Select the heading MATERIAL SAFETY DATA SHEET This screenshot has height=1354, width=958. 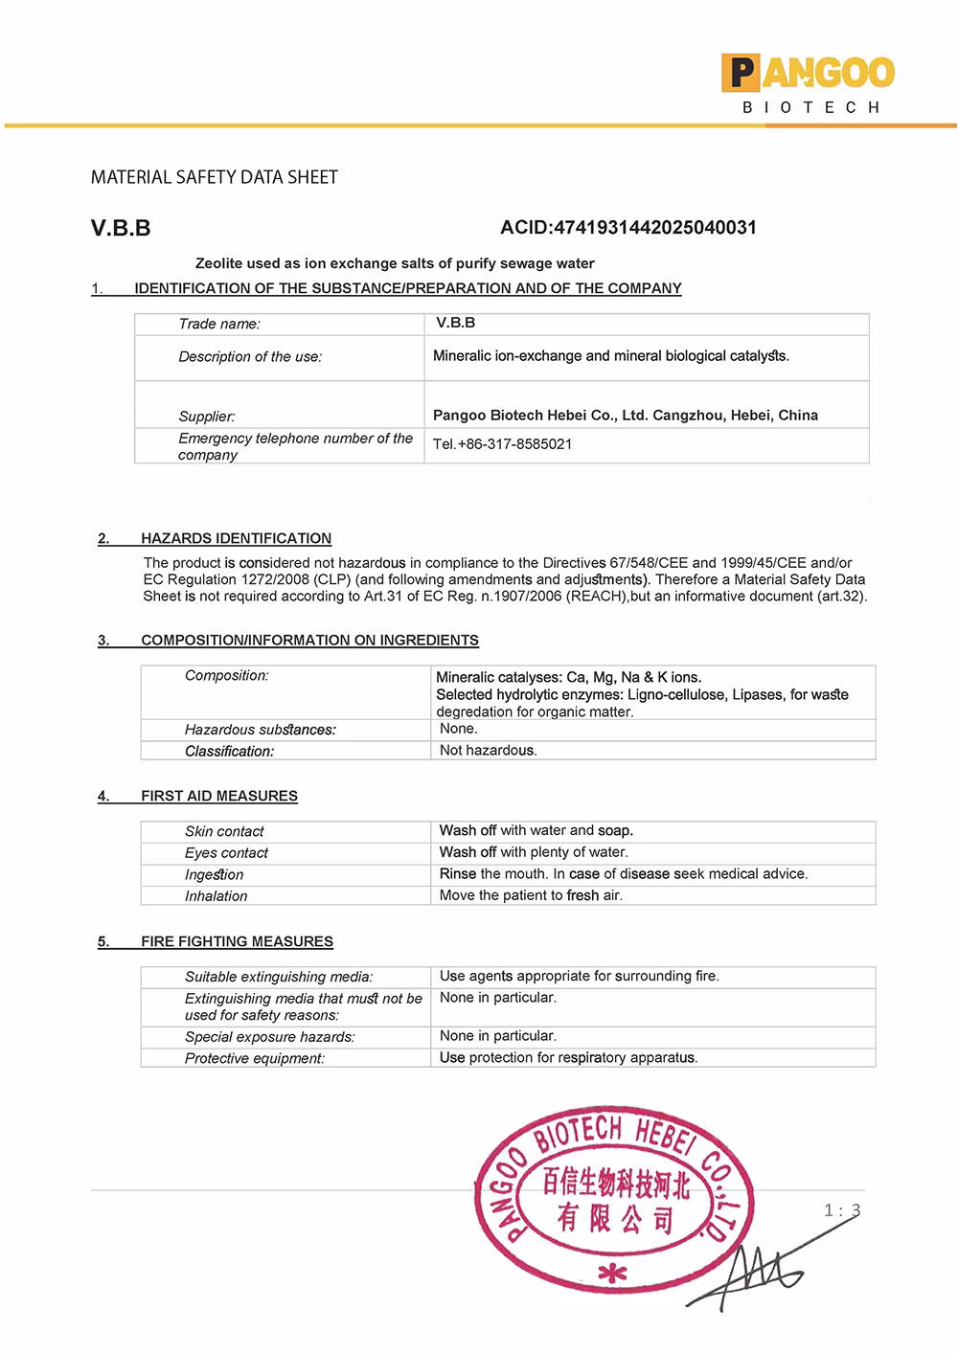pyautogui.click(x=215, y=177)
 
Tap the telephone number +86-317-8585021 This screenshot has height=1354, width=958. pyautogui.click(x=503, y=444)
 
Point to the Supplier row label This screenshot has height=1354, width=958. pyautogui.click(x=207, y=417)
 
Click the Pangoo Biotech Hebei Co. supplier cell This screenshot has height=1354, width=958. pyautogui.click(x=626, y=416)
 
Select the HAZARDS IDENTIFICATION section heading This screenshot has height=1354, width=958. pyautogui.click(x=236, y=539)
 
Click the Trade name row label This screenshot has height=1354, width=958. pyautogui.click(x=219, y=324)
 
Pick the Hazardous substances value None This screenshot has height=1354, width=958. pyautogui.click(x=458, y=729)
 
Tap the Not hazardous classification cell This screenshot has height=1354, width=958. pyautogui.click(x=488, y=751)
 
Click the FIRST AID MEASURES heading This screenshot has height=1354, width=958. pyautogui.click(x=218, y=796)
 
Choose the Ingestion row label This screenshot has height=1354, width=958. pyautogui.click(x=214, y=875)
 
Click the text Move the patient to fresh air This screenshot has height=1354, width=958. pyautogui.click(x=531, y=896)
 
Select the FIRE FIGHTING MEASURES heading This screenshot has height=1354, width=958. pyautogui.click(x=237, y=942)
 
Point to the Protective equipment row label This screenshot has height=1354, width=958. pyautogui.click(x=255, y=1059)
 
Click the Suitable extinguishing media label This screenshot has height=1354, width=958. pyautogui.click(x=279, y=978)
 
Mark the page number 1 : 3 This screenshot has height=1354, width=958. pyautogui.click(x=842, y=1210)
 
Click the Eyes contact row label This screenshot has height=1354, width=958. pyautogui.click(x=226, y=853)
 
